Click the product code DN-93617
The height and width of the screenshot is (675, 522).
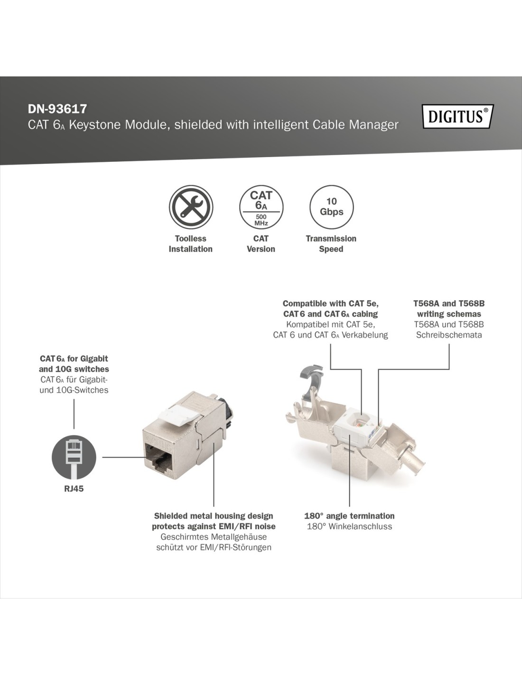click(x=57, y=109)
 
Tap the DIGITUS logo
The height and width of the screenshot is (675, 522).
click(x=458, y=116)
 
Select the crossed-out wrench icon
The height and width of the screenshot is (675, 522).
click(x=191, y=207)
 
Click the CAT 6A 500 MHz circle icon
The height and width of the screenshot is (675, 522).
click(x=261, y=207)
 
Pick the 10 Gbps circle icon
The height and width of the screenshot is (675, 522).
click(x=331, y=207)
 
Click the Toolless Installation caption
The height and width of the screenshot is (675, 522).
click(x=191, y=244)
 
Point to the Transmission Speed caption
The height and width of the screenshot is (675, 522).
click(x=331, y=244)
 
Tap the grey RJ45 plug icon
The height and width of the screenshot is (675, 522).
click(x=74, y=457)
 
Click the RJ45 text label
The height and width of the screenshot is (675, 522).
click(x=74, y=488)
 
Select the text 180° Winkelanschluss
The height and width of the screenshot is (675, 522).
click(x=349, y=526)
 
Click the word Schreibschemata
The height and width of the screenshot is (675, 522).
click(x=449, y=335)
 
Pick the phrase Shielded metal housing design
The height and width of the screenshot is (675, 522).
click(x=214, y=516)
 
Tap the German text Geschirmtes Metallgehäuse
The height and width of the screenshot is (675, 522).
click(x=214, y=537)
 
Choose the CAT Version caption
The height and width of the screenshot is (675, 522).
click(x=261, y=244)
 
